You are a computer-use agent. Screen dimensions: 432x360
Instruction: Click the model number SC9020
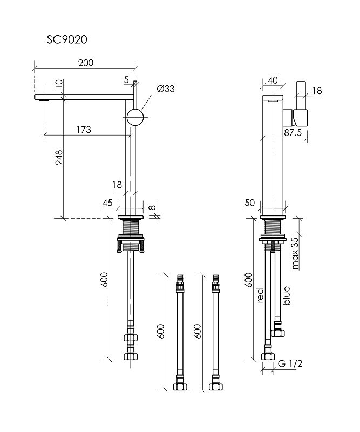tap(67, 39)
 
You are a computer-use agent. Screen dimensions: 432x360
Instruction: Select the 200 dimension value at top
tap(85, 63)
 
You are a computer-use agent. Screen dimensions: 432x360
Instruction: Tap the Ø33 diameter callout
tap(166, 89)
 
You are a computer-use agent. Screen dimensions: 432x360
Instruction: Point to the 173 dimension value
tap(83, 130)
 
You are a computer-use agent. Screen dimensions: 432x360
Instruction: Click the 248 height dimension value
tap(59, 158)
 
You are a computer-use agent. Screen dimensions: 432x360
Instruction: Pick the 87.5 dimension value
tap(293, 133)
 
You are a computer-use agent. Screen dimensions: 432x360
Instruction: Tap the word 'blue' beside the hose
tap(287, 295)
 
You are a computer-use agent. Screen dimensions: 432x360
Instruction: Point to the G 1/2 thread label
tap(291, 363)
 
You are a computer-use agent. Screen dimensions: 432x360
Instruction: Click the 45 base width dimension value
tap(107, 202)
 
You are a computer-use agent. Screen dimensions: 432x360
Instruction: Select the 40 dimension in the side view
tap(273, 80)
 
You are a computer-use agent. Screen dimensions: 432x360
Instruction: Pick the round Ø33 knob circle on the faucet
tap(135, 117)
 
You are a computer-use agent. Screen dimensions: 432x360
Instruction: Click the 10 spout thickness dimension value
tap(59, 85)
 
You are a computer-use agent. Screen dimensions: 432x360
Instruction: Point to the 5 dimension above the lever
tap(127, 80)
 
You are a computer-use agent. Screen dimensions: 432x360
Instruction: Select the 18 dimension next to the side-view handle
tap(317, 91)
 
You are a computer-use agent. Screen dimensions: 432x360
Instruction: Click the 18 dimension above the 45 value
tap(117, 185)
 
